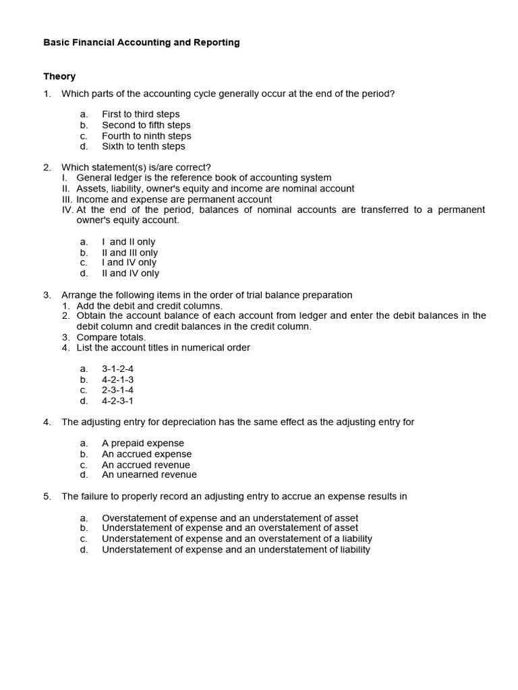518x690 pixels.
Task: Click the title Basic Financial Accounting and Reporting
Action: coord(142,42)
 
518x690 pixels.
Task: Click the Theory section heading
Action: coord(59,76)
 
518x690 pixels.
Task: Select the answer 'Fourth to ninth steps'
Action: coord(146,135)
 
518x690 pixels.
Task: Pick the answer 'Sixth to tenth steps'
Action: coord(143,146)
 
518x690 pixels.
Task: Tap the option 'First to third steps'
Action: coord(140,114)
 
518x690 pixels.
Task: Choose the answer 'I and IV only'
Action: coord(129,263)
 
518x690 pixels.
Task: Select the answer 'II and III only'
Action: coord(129,253)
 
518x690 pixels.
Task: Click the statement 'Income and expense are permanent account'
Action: coord(174,199)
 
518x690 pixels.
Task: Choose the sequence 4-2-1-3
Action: coord(117,379)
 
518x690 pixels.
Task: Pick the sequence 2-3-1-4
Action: coord(117,390)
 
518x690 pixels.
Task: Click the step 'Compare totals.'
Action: coord(111,337)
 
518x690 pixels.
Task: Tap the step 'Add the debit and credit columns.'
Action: coord(149,305)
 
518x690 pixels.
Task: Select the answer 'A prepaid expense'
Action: coord(142,443)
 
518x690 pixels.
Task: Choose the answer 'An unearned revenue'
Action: coord(149,475)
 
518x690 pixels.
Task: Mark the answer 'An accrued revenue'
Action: coord(146,464)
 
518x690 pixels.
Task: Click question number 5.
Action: coord(47,497)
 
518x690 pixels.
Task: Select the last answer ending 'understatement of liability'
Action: coord(235,550)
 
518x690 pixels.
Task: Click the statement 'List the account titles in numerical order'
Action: coord(163,348)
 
